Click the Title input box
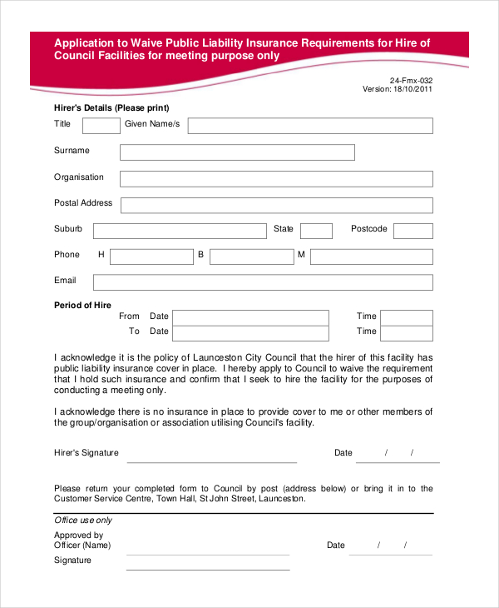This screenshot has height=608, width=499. pos(101,126)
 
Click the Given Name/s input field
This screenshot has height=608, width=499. pos(310,126)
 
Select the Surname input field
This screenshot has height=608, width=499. pos(237,152)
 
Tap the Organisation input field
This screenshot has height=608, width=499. pos(276,179)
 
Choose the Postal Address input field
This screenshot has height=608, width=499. pos(276,206)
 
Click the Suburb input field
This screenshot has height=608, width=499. pos(180,231)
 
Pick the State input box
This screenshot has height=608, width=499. pos(316,231)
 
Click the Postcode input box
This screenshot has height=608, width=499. pos(413,231)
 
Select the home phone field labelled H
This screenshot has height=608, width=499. pos(151,257)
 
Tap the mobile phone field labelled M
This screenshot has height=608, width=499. pos(371,257)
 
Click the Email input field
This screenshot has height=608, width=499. pos(263,282)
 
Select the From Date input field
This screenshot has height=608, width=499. pos(250,317)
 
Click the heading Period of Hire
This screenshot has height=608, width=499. pos(82,306)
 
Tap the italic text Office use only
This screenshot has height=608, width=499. pos(83,521)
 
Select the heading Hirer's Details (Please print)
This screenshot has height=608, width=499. pos(111,108)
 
